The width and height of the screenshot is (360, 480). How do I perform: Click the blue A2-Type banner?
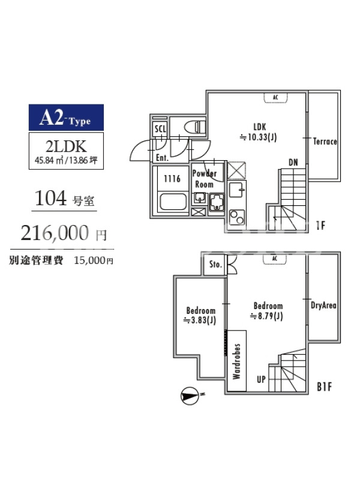66,118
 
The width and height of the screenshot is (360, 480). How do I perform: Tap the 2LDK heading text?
66,146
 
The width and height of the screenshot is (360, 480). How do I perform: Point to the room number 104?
50,198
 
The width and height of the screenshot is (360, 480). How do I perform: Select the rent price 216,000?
55,233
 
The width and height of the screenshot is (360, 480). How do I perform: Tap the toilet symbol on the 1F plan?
196,127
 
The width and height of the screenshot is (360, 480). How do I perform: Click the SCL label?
160,128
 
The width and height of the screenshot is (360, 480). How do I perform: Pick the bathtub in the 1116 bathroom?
173,202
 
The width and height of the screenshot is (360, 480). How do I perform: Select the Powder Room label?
204,179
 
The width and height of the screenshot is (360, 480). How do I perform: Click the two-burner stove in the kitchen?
237,217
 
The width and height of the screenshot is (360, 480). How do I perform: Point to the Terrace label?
325,142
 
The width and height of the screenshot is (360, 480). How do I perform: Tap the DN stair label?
293,162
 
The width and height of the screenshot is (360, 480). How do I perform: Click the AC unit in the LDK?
275,98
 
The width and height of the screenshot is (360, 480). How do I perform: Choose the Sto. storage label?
215,264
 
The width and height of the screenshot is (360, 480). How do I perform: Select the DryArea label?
323,305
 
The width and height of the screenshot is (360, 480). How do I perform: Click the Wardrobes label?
236,361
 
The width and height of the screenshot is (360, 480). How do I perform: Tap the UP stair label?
261,380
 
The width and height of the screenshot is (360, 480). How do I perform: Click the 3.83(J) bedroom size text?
200,320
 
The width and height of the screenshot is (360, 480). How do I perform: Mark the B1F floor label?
325,386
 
